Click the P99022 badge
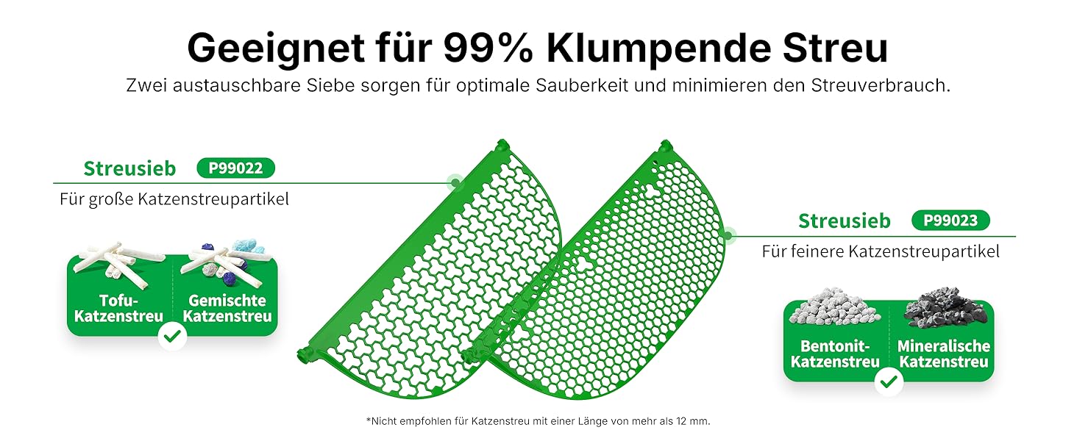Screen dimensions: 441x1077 coord(235,168)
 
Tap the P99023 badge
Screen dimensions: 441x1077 coord(950,220)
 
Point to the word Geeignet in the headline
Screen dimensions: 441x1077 coord(275,49)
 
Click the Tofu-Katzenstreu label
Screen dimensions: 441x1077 coord(118,309)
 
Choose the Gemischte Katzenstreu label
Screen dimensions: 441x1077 coord(227,309)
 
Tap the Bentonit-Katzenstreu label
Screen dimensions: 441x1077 coord(835,354)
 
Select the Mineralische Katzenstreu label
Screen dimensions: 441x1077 coord(944,354)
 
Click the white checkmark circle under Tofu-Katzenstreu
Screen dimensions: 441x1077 coord(173,337)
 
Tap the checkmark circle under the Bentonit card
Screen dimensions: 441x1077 coord(889,382)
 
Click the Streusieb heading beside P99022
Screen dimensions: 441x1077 coord(129,168)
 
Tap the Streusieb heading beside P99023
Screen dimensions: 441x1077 coord(845,220)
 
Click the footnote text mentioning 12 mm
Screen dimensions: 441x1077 coord(538,421)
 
